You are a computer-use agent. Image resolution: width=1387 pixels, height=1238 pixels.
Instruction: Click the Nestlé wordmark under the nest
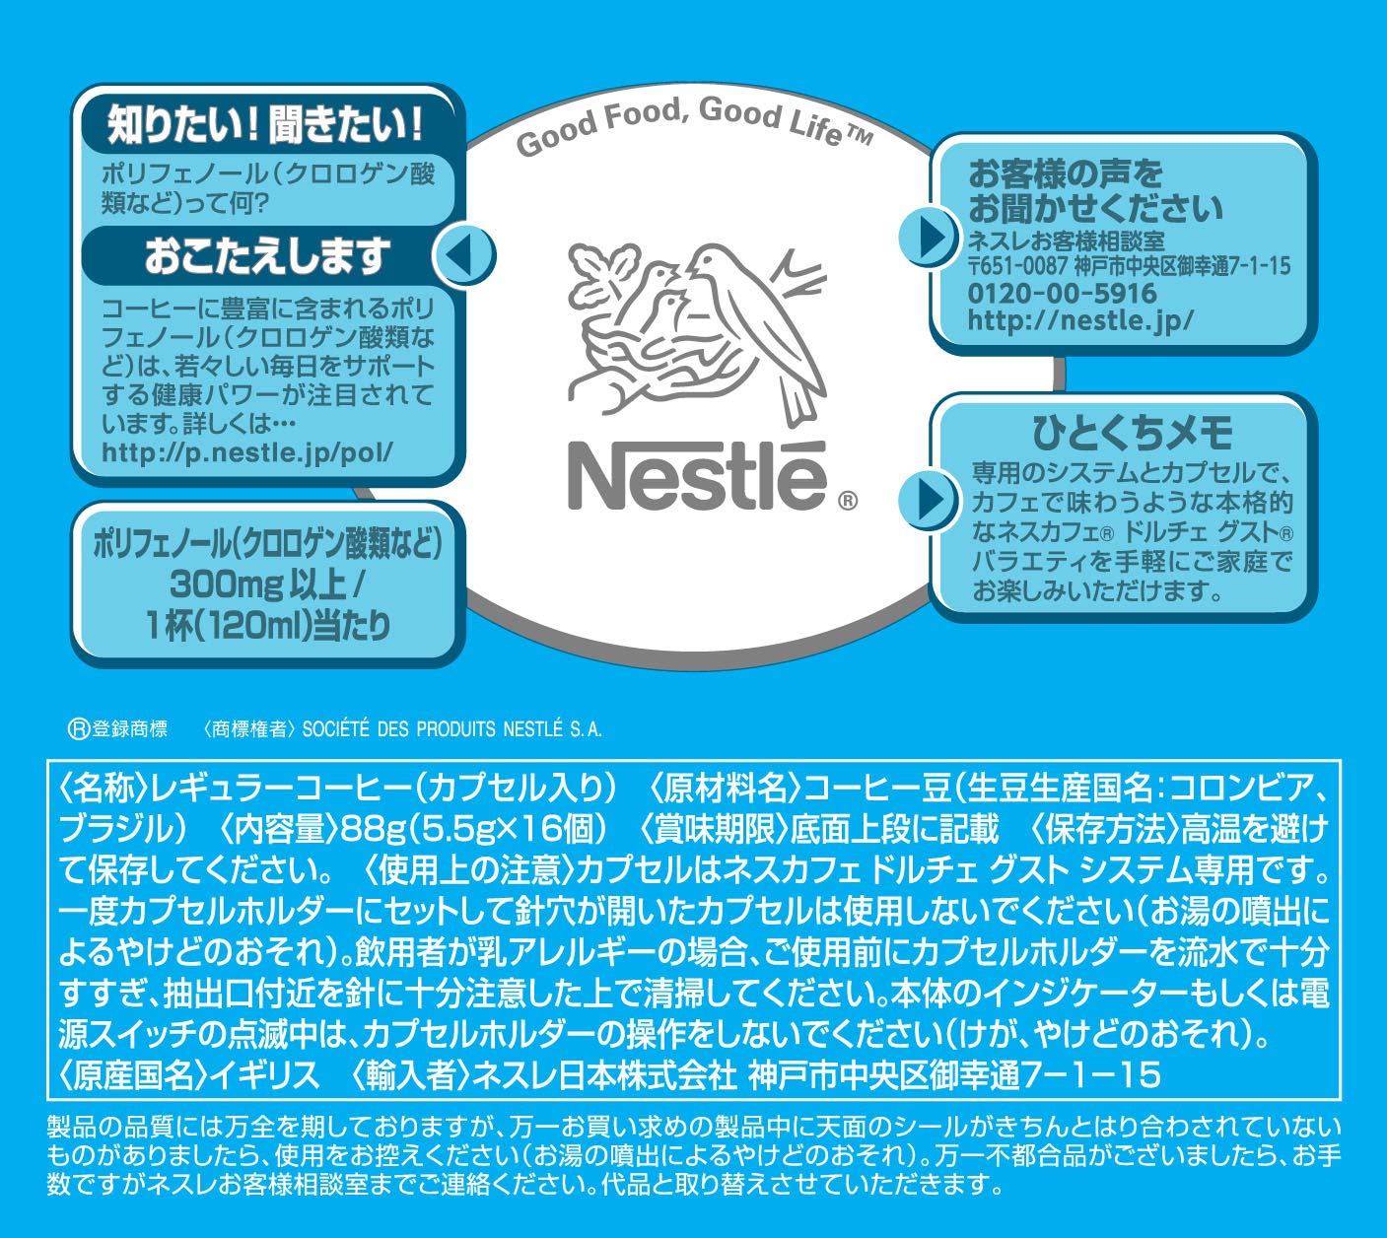pos(697,477)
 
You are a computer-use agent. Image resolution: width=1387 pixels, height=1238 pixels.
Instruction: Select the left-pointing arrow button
pos(464,254)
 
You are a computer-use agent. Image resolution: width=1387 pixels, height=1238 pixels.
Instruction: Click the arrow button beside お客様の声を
pos(929,237)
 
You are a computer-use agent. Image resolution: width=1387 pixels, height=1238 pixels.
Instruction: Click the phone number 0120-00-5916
pos(1062,293)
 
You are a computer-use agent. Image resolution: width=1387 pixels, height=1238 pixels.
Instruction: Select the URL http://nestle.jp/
pos(1080,320)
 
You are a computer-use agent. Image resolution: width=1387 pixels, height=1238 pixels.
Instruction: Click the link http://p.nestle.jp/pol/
pos(247,452)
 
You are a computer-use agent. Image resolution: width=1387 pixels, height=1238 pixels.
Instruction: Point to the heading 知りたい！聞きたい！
pos(265,125)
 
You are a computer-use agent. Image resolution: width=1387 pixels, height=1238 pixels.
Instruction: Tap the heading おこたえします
pos(267,255)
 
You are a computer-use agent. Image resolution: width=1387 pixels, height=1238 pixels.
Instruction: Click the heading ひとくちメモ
pos(1132,433)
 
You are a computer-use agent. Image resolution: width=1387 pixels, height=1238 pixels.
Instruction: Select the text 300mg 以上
pos(257,585)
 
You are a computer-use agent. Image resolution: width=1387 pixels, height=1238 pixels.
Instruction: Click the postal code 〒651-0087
pos(1017,266)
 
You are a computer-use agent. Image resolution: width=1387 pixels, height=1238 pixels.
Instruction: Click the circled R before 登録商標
pos(79,728)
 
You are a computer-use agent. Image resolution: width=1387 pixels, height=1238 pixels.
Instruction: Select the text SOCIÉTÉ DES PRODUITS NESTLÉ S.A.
pos(451,728)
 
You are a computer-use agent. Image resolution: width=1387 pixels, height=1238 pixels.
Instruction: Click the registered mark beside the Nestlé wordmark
pos(848,501)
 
